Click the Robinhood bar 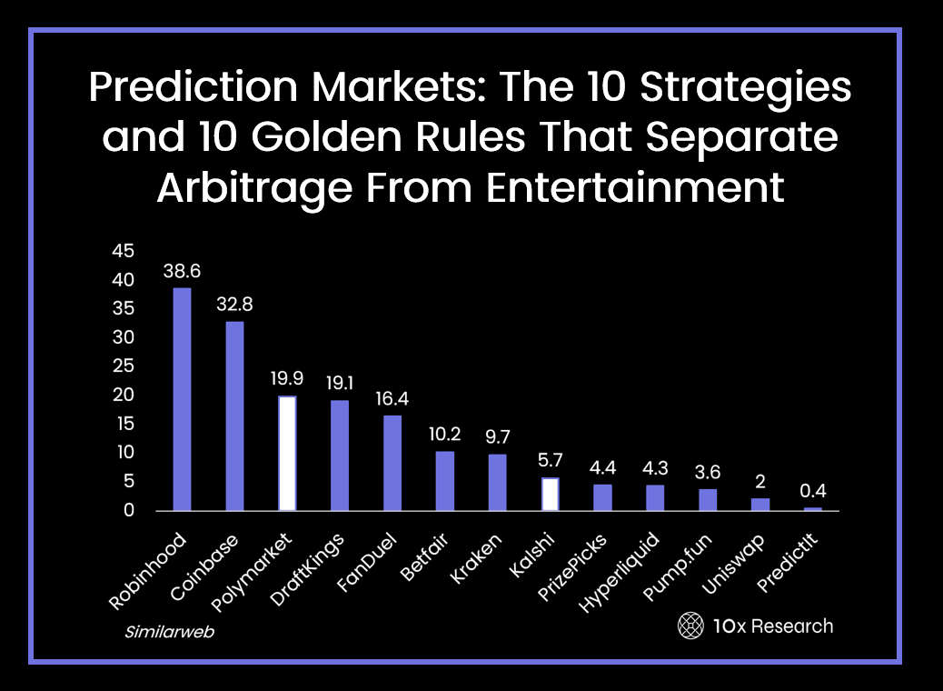(183, 399)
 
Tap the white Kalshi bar (551, 494)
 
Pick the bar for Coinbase (234, 416)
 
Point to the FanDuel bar (392, 463)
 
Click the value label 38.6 (182, 270)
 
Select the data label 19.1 (340, 383)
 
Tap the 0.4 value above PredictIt (813, 491)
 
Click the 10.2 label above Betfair (445, 434)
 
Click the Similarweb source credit (169, 631)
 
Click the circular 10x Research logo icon (690, 626)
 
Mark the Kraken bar (498, 482)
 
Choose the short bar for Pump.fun (708, 499)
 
